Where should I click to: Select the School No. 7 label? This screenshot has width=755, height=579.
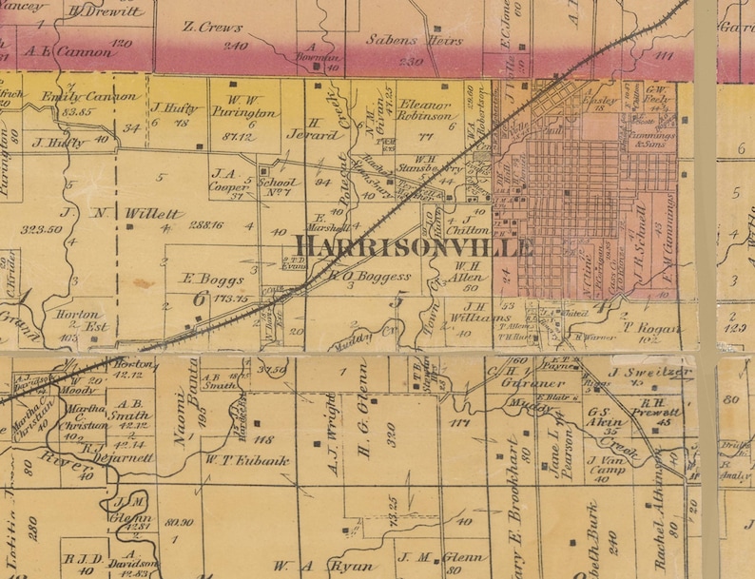pos(279,185)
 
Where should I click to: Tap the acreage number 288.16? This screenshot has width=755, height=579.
pos(205,225)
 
